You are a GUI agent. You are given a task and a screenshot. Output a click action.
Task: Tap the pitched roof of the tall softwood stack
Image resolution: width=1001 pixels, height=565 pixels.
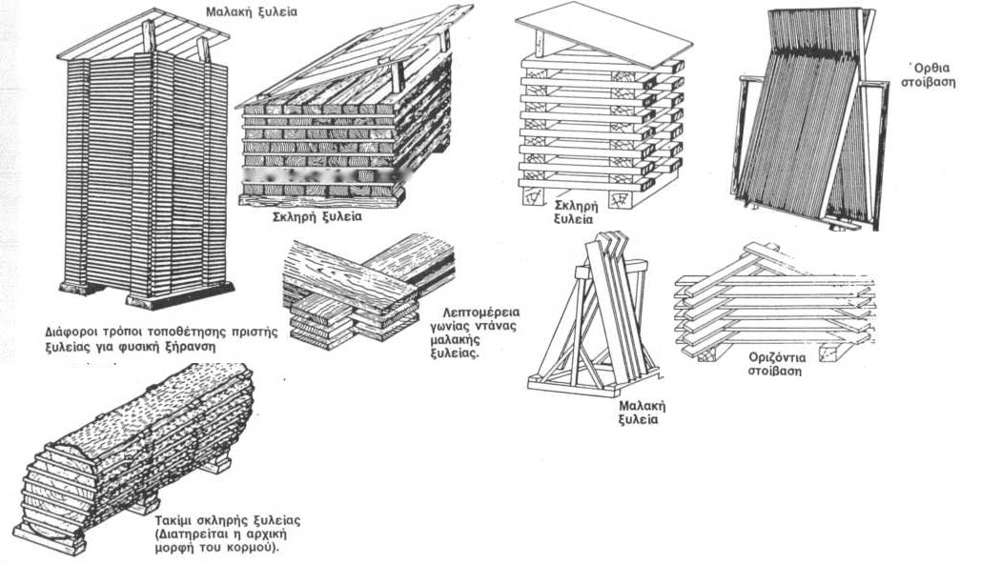pyautogui.click(x=143, y=33)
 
